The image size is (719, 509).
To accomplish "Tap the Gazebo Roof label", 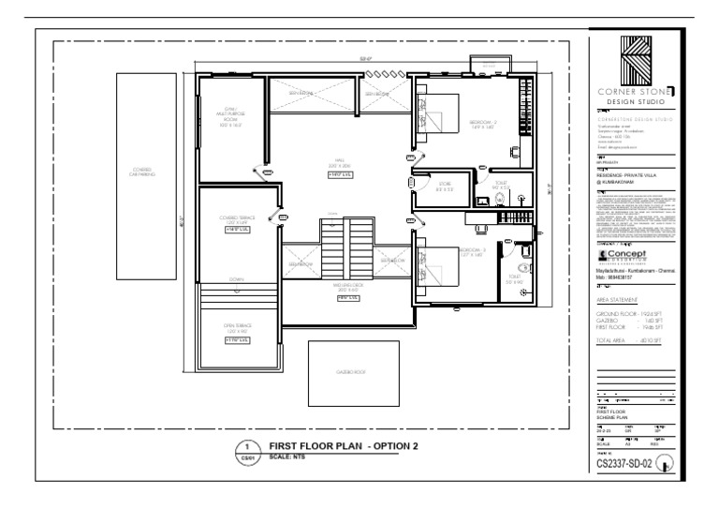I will pos(347,372).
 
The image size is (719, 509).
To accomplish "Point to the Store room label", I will pos(445,187).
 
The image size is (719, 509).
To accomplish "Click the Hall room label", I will pos(339,163).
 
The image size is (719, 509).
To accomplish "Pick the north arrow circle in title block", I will pos(666,460).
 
